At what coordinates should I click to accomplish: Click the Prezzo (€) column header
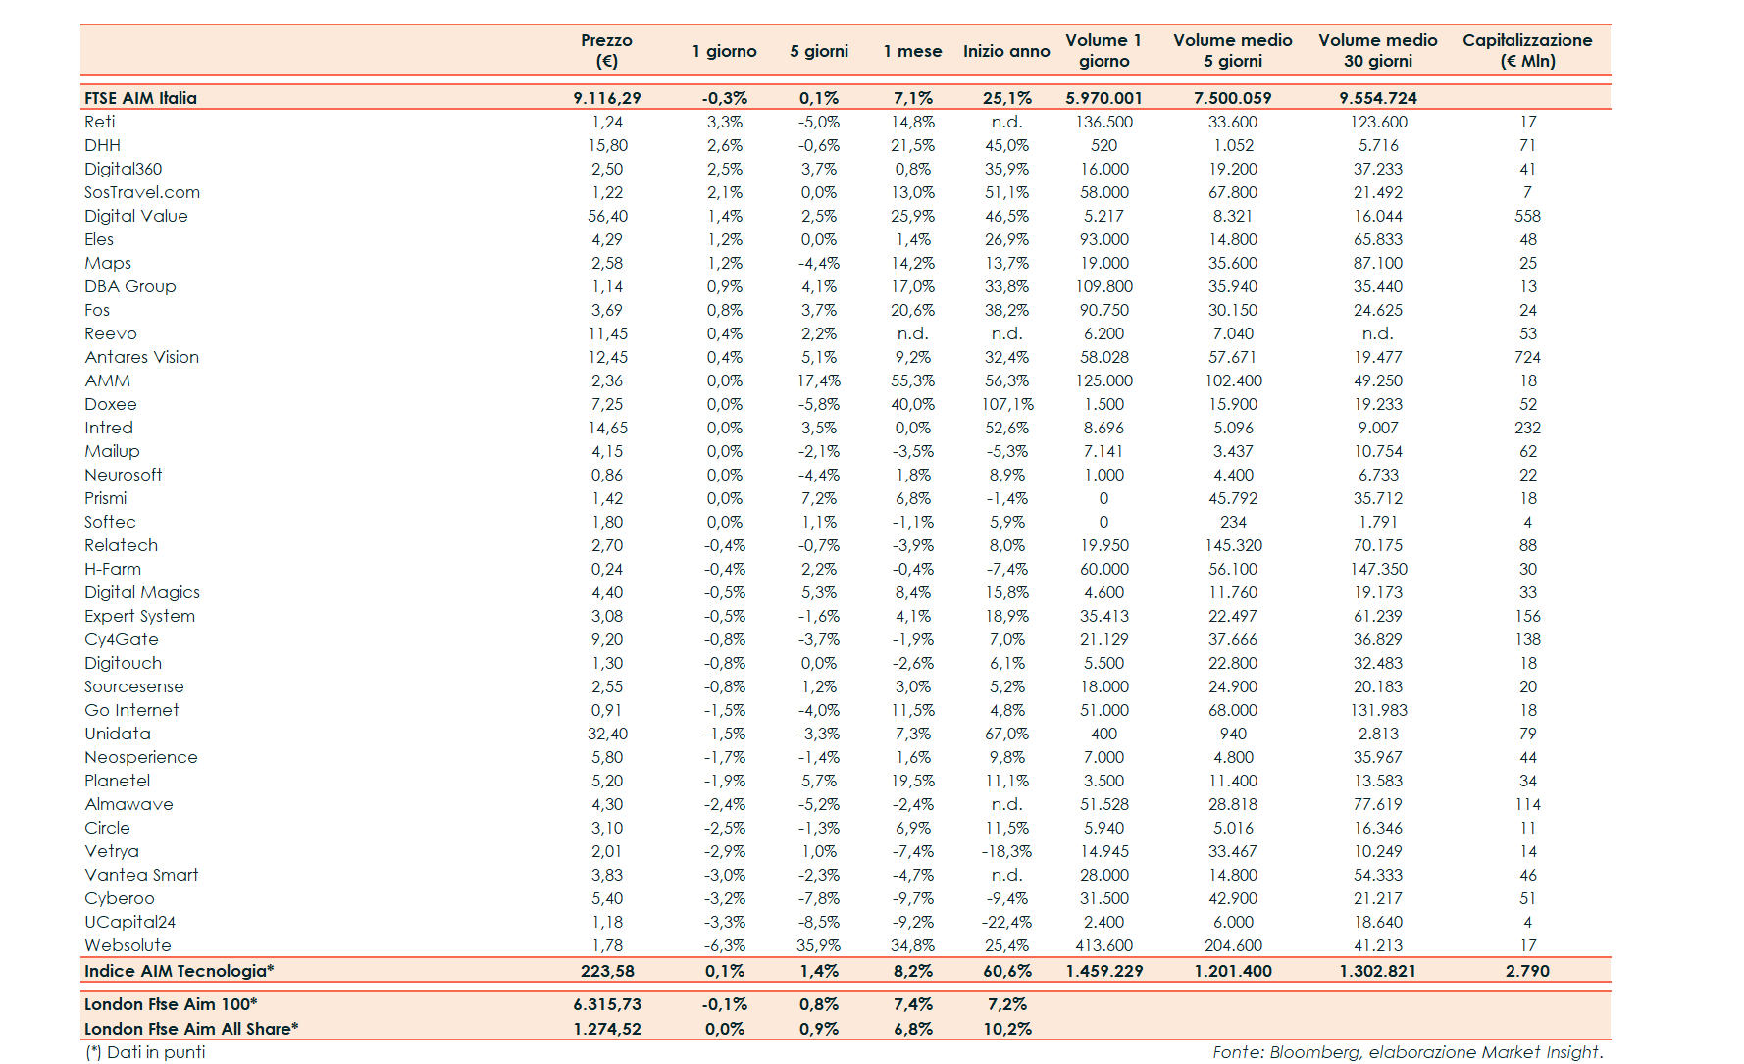pyautogui.click(x=606, y=50)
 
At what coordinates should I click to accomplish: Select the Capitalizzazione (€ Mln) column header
pyautogui.click(x=1527, y=50)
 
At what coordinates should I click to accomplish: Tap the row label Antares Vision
pyautogui.click(x=141, y=357)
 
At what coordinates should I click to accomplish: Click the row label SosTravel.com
pyautogui.click(x=142, y=192)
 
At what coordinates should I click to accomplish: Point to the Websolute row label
pyautogui.click(x=128, y=945)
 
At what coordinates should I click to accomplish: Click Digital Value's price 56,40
pyautogui.click(x=607, y=216)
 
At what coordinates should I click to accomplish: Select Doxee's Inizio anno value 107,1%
pyautogui.click(x=1007, y=404)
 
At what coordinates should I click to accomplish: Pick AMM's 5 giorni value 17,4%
pyautogui.click(x=818, y=380)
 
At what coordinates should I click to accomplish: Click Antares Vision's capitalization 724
pyautogui.click(x=1527, y=357)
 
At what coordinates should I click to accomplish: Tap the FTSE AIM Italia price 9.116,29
pyautogui.click(x=607, y=98)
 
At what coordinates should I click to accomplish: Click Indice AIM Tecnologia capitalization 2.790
pyautogui.click(x=1527, y=971)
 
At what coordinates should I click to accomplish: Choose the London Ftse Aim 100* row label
pyautogui.click(x=171, y=1004)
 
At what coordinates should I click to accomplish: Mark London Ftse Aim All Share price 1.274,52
pyautogui.click(x=607, y=1029)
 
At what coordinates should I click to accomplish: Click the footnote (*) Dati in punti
pyautogui.click(x=145, y=1052)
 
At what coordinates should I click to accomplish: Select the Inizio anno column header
pyautogui.click(x=1006, y=51)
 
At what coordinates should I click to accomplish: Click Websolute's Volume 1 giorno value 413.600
pyautogui.click(x=1104, y=945)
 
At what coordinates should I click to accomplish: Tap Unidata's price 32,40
pyautogui.click(x=607, y=734)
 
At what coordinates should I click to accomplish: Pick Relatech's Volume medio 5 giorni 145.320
pyautogui.click(x=1233, y=545)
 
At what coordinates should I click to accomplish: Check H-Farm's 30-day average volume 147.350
pyautogui.click(x=1378, y=569)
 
